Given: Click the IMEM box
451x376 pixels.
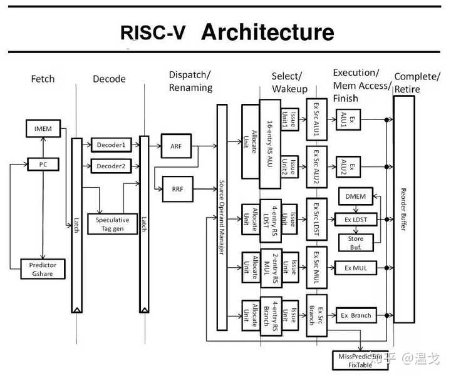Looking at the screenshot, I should [43, 130].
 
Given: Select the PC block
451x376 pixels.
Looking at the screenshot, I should [43, 165].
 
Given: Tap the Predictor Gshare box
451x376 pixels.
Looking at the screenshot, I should [43, 269].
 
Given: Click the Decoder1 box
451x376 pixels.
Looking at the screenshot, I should [111, 145].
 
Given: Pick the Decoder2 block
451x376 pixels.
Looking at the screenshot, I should [111, 166].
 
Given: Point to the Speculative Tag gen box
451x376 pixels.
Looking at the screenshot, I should [113, 224].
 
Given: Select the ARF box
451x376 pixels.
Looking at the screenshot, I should [176, 146].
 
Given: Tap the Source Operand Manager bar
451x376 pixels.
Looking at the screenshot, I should [221, 217].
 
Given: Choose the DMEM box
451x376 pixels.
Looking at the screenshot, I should [355, 196].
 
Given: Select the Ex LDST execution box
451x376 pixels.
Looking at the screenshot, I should [355, 219].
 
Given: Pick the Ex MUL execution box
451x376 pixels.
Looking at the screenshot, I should [355, 268].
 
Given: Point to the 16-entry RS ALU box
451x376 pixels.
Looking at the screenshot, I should [271, 144].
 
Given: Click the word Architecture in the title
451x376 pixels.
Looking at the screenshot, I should [267, 32].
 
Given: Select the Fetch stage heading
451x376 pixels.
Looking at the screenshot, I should [43, 79].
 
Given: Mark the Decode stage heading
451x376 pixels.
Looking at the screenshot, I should [109, 79].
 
